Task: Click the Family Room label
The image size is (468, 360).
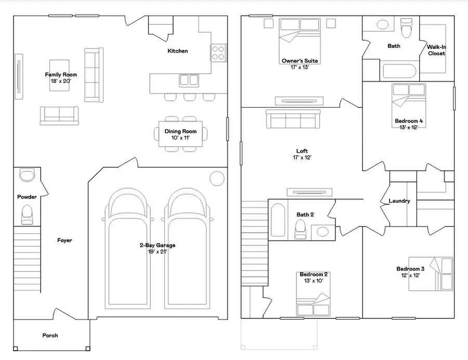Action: click(x=61, y=75)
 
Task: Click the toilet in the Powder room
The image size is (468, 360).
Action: click(x=27, y=214)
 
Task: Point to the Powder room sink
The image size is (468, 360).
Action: click(x=27, y=175)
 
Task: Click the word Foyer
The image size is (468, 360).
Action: click(x=64, y=241)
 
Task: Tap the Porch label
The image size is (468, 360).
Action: click(x=50, y=336)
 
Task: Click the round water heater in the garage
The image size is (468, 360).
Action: click(x=217, y=178)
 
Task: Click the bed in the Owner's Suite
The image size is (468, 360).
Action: click(x=300, y=36)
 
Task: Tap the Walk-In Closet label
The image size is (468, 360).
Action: click(x=436, y=50)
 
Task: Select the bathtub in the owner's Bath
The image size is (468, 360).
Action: click(x=398, y=71)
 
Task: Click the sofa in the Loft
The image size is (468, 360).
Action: click(x=292, y=119)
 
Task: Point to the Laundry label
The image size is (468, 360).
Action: click(x=399, y=201)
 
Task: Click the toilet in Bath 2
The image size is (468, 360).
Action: click(x=300, y=228)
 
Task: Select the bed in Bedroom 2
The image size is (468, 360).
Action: click(x=314, y=303)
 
